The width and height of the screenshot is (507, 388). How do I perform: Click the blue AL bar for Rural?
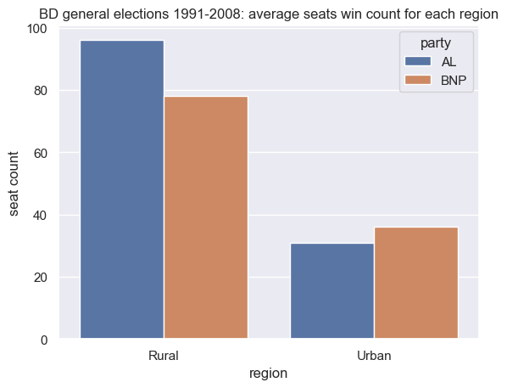[122, 190]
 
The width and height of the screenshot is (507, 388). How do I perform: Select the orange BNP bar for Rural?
[206, 218]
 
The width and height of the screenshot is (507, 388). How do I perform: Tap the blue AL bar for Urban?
[331, 291]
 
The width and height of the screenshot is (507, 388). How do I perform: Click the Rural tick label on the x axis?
[164, 356]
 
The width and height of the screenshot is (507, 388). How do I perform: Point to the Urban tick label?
[374, 356]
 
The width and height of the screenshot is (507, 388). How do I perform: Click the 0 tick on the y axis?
[42, 340]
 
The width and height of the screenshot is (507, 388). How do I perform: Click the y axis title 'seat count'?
[15, 183]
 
